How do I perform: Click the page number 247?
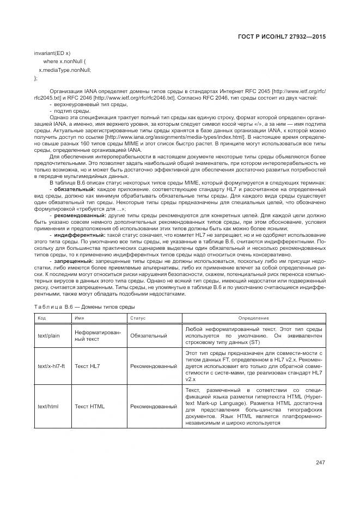pyautogui.click(x=320, y=463)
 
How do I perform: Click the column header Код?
pyautogui.click(x=41, y=317)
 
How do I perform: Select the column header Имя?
pyautogui.click(x=80, y=317)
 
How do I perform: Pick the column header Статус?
pyautogui.click(x=138, y=317)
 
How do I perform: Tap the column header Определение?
pyautogui.click(x=253, y=317)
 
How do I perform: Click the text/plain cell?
pyautogui.click(x=49, y=336)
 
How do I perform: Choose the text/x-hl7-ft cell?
pyautogui.click(x=51, y=367)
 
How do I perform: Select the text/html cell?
pyautogui.click(x=48, y=406)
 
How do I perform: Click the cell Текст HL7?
pyautogui.click(x=88, y=367)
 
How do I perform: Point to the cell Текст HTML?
pyautogui.click(x=90, y=406)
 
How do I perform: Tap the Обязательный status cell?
pyautogui.click(x=149, y=336)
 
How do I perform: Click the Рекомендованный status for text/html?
pyautogui.click(x=154, y=406)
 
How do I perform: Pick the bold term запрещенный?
pyautogui.click(x=70, y=262)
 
